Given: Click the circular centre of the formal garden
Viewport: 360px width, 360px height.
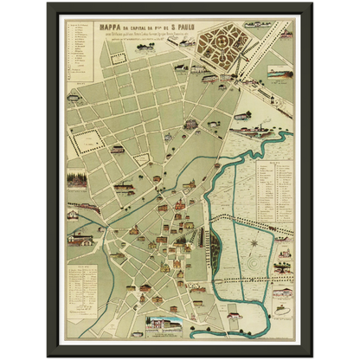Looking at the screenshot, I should tap(218, 42).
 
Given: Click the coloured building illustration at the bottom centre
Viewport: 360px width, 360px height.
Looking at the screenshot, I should tap(170, 326).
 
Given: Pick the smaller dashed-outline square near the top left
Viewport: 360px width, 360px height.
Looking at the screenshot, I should tap(119, 57).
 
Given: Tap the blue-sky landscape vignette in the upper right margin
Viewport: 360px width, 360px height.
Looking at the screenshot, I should tap(280, 74).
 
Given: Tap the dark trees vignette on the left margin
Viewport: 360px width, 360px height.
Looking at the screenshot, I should tap(77, 181).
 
